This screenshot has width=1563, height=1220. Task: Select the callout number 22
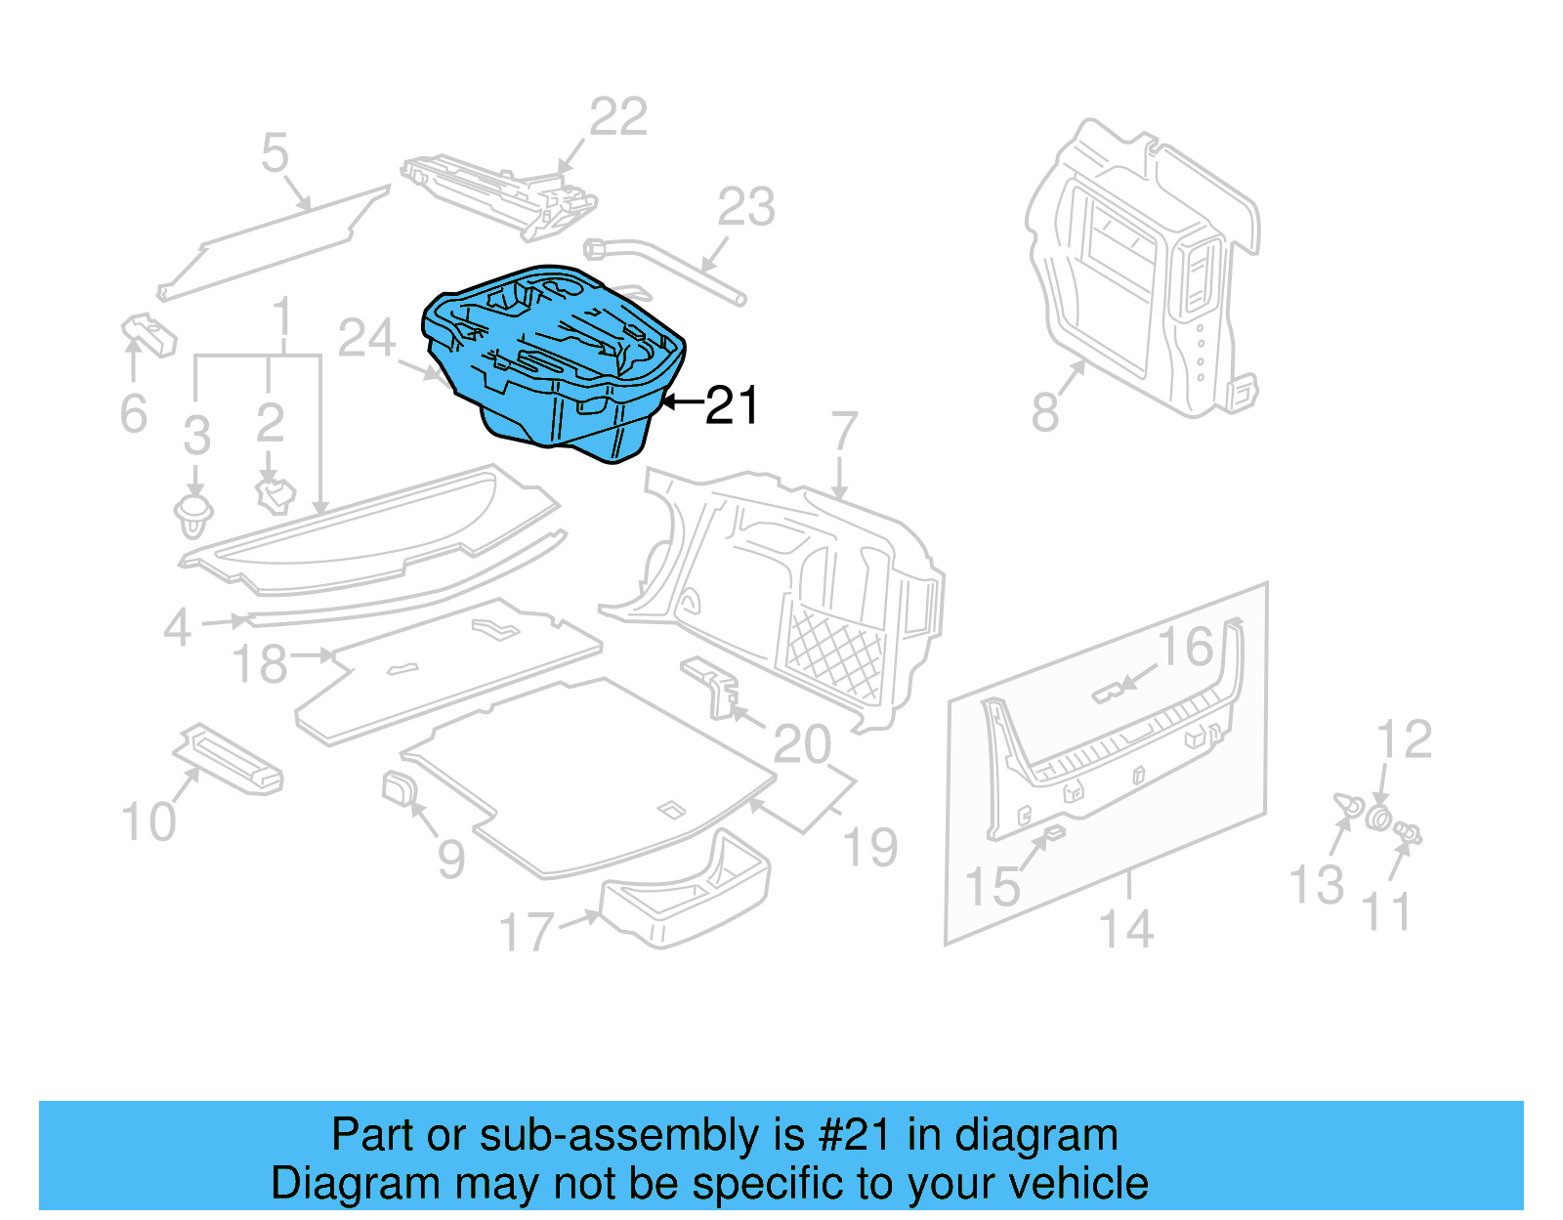pyautogui.click(x=618, y=117)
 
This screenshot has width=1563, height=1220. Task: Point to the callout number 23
pyautogui.click(x=746, y=207)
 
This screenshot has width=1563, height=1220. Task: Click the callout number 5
pyautogui.click(x=275, y=153)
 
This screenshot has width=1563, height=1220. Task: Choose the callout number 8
pyautogui.click(x=1045, y=411)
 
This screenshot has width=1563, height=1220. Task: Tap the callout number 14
pyautogui.click(x=1127, y=928)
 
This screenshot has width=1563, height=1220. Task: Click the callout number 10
pyautogui.click(x=148, y=821)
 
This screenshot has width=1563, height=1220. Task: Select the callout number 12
pyautogui.click(x=1404, y=739)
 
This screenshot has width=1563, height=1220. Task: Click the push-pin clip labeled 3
pyautogui.click(x=193, y=515)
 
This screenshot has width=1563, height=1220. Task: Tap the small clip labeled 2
pyautogui.click(x=275, y=494)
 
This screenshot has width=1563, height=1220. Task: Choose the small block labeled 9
pyautogui.click(x=399, y=786)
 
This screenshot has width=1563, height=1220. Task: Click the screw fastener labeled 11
pyautogui.click(x=1408, y=833)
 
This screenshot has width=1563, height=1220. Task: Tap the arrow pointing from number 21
pyautogui.click(x=682, y=401)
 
